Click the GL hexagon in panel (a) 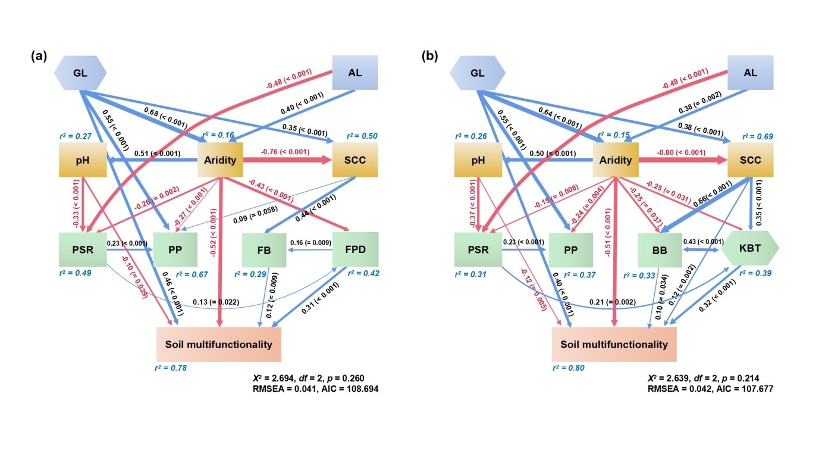80,73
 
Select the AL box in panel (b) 750,73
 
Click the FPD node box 354,249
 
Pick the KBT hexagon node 750,249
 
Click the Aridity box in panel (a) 221,160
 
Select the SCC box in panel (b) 750,160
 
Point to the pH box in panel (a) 83,160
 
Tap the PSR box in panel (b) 478,249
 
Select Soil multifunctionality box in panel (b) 614,345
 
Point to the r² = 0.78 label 171,368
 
